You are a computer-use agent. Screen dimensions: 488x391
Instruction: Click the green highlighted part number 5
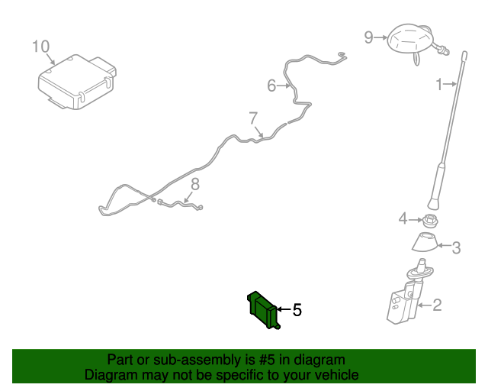263,309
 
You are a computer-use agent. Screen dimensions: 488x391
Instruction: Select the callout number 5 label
297,310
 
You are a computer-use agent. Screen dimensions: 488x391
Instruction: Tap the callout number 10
40,47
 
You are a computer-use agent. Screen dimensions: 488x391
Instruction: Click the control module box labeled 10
77,82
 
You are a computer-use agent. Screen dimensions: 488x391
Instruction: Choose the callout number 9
368,37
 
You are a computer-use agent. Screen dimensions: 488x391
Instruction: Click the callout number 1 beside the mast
439,84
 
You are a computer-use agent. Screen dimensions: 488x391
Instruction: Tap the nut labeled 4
430,220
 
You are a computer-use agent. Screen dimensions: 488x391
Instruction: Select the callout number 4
403,219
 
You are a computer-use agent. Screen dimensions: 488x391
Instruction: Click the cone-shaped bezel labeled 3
425,242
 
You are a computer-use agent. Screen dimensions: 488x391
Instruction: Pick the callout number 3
456,248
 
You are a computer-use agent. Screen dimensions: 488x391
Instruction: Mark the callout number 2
437,305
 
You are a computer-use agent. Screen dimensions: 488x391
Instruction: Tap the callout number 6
271,86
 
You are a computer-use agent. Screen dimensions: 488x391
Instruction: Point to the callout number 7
253,118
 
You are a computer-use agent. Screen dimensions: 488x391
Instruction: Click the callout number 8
195,184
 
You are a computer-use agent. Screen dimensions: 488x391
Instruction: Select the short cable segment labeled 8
181,205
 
